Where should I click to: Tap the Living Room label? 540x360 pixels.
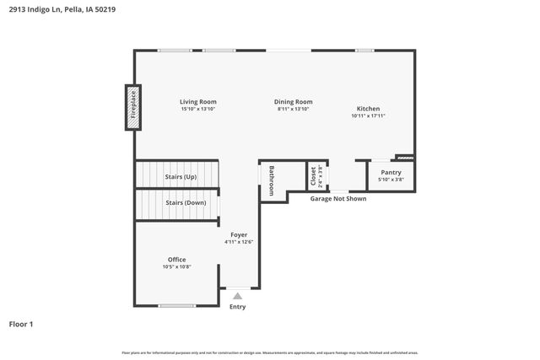click(197, 102)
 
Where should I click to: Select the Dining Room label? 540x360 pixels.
click(294, 102)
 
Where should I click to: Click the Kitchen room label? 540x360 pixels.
click(368, 109)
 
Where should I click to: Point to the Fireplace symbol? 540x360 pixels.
click(132, 107)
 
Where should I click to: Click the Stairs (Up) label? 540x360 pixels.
click(181, 177)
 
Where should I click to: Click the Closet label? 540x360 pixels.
click(313, 175)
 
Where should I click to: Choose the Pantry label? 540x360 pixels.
click(391, 172)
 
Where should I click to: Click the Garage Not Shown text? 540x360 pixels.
click(337, 199)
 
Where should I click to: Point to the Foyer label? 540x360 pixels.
click(239, 234)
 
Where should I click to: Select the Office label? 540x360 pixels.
click(176, 260)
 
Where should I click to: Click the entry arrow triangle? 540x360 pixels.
click(238, 296)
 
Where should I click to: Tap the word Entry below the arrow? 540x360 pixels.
click(238, 307)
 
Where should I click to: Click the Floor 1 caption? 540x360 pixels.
click(21, 324)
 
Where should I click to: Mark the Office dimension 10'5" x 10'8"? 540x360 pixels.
click(176, 267)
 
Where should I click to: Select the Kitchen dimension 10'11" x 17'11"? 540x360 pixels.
click(368, 116)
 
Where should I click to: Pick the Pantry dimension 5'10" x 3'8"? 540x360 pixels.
click(391, 180)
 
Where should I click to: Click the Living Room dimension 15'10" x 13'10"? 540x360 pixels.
click(197, 110)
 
